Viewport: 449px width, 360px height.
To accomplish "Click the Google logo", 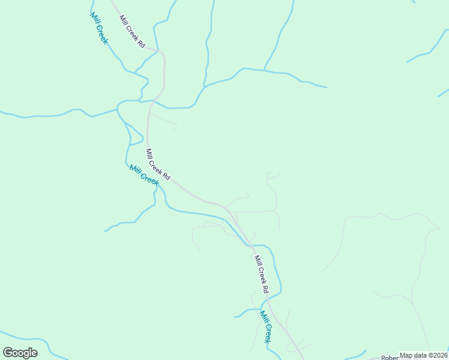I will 20,353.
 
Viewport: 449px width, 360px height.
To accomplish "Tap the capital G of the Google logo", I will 8,353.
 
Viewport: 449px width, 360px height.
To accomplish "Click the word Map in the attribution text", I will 406,355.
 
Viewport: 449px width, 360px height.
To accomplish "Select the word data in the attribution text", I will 420,355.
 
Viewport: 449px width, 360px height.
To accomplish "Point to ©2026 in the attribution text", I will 438,355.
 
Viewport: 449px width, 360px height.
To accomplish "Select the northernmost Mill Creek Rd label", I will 132,31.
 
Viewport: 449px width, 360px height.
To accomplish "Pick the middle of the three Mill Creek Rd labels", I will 158,164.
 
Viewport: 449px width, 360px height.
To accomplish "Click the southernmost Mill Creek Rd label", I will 261,274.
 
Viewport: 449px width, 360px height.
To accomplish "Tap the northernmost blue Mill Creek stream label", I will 99,28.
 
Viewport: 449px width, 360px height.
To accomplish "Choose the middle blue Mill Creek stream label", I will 144,175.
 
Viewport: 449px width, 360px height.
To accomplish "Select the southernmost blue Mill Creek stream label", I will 266,326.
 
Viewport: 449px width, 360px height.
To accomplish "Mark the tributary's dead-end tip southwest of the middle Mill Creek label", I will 105,230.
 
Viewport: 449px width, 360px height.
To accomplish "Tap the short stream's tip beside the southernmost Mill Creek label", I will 235,316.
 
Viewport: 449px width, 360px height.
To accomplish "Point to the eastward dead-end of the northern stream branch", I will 327,88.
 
